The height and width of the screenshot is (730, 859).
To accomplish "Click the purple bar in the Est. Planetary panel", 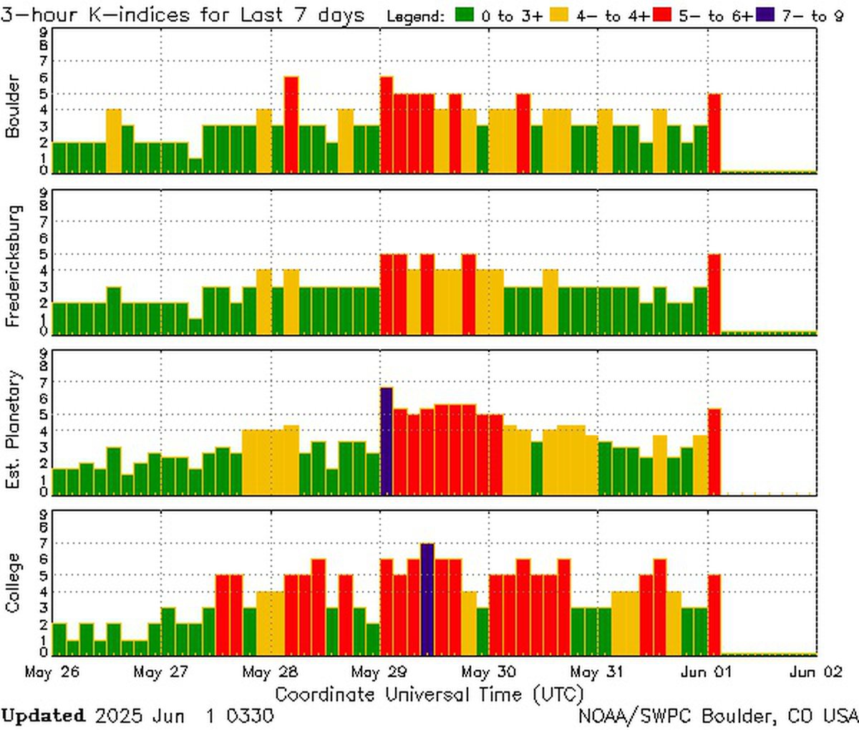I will (387, 441).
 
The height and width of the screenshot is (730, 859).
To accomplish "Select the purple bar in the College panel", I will (427, 599).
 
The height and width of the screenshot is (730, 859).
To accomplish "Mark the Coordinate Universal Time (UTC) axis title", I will (429, 695).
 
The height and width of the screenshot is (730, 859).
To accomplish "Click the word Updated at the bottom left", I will (43, 716).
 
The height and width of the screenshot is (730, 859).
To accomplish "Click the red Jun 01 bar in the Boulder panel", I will (714, 133).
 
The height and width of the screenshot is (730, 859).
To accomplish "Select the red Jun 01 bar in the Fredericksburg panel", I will (714, 293).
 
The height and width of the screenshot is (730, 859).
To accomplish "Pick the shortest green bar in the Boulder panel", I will (195, 165).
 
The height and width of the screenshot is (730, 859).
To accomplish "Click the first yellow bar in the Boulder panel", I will (114, 141).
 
